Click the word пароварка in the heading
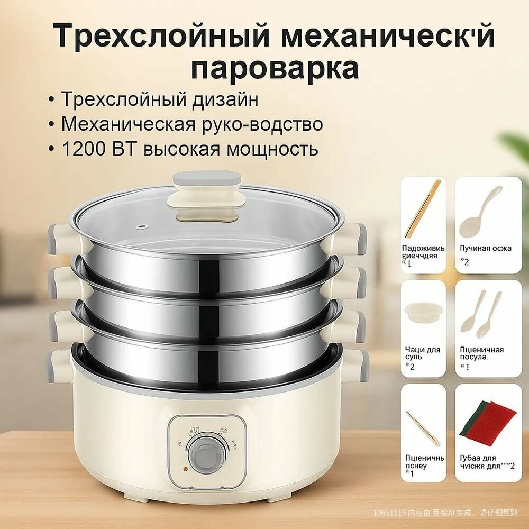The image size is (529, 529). pyautogui.click(x=275, y=69)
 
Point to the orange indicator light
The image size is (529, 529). pyautogui.click(x=186, y=469)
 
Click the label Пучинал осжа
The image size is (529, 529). pyautogui.click(x=485, y=248)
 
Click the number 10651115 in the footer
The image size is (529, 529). pyautogui.click(x=389, y=513)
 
